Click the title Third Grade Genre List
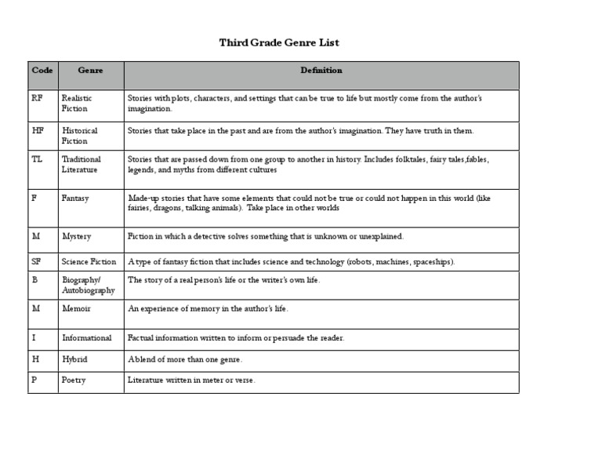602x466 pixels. click(x=279, y=42)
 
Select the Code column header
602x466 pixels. click(x=42, y=71)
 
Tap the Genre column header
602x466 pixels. click(x=90, y=71)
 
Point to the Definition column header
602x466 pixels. click(x=321, y=71)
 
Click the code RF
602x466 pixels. click(x=38, y=98)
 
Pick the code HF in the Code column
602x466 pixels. click(x=38, y=130)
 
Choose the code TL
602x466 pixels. click(x=37, y=159)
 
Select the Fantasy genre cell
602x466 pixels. click(x=75, y=198)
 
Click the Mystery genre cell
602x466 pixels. click(x=76, y=236)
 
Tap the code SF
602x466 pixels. click(x=36, y=261)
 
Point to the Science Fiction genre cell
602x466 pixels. click(x=89, y=262)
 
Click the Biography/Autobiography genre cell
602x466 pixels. click(x=89, y=285)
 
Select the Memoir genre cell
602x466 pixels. click(x=76, y=308)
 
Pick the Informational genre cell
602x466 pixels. click(x=86, y=338)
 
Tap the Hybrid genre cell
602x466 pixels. click(x=74, y=359)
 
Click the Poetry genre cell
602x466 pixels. click(x=74, y=380)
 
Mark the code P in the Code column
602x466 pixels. click(x=34, y=380)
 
